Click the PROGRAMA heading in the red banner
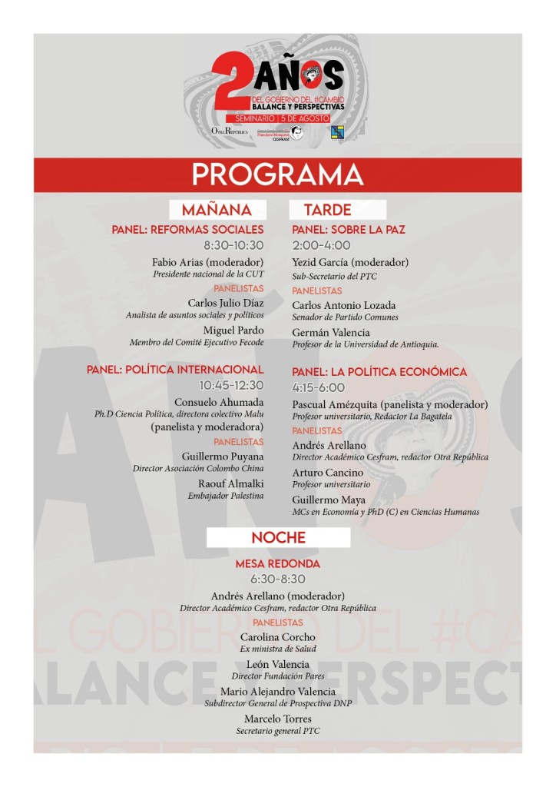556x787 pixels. [x=277, y=174]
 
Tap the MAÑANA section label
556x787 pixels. [x=217, y=209]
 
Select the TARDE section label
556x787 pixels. [x=327, y=209]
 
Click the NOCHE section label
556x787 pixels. [x=278, y=537]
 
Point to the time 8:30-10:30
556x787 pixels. [x=233, y=245]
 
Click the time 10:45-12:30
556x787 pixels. [x=231, y=385]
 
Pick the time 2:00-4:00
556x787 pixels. [x=322, y=245]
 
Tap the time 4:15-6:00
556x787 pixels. [x=319, y=387]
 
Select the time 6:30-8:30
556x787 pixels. [x=277, y=579]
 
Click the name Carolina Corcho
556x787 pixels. [x=277, y=637]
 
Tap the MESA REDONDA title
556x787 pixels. [x=277, y=564]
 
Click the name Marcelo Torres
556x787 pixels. [x=277, y=719]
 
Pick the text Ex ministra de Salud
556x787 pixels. [x=277, y=649]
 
